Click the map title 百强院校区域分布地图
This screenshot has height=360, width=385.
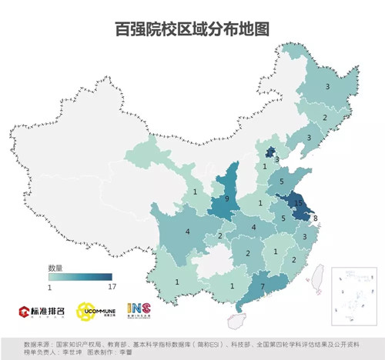pyautogui.click(x=192, y=28)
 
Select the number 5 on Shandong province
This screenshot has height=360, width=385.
pyautogui.click(x=281, y=182)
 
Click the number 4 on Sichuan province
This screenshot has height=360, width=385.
pyautogui.click(x=187, y=231)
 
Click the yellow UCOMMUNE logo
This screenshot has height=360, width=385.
pyautogui.click(x=99, y=312)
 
